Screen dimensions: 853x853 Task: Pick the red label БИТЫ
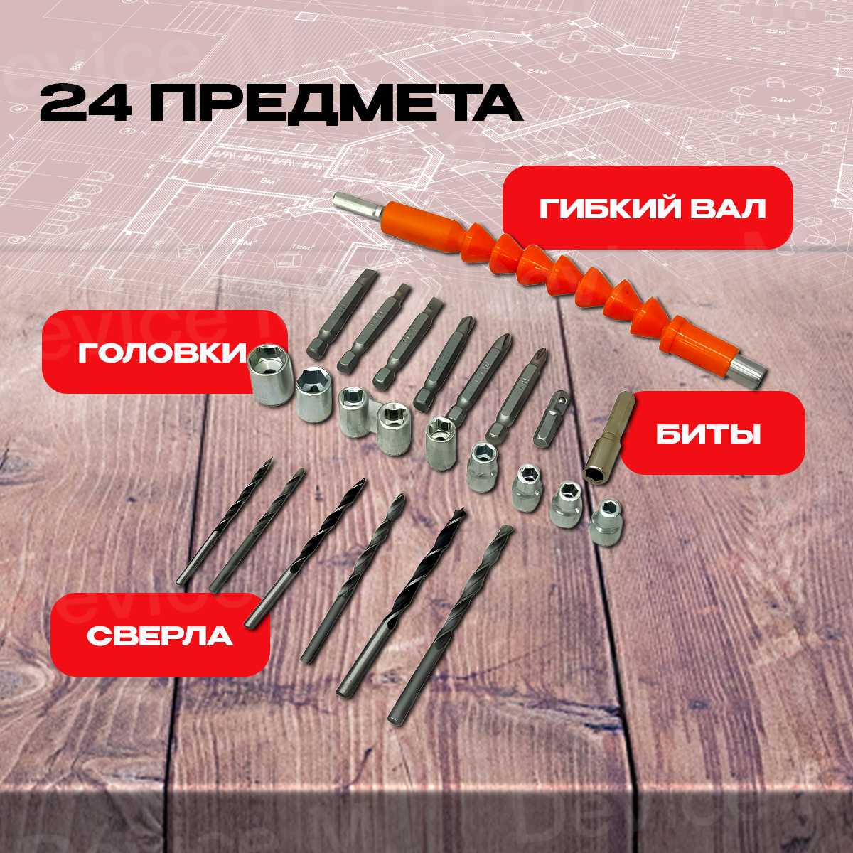point(713,436)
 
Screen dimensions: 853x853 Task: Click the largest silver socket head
point(270,375)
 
